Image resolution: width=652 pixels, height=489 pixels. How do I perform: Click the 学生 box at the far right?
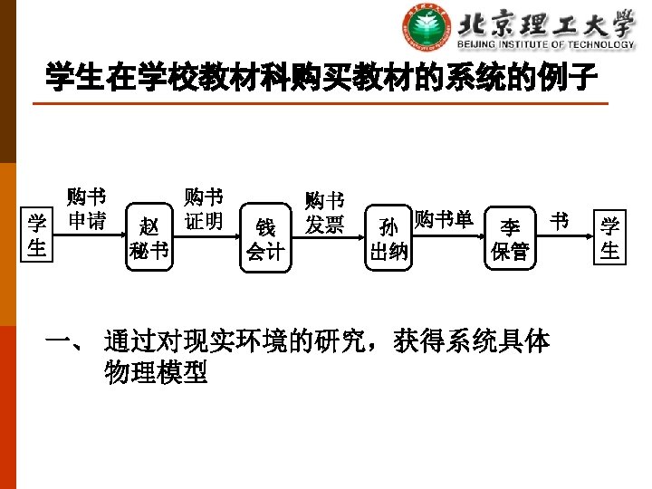610,237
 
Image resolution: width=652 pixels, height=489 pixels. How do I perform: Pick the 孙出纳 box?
388,239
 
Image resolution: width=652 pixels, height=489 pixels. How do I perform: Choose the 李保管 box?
510,239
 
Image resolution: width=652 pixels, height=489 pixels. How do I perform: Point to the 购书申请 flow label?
86,209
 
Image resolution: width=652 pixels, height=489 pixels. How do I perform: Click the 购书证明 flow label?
203,209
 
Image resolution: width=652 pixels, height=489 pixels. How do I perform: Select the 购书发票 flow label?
324,212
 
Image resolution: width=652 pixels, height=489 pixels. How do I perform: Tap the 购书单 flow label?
444,219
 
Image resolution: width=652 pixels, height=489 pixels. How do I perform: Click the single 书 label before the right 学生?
560,220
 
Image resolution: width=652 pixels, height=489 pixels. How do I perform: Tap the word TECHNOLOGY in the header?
599,44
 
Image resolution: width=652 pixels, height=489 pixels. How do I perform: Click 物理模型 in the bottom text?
156,371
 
